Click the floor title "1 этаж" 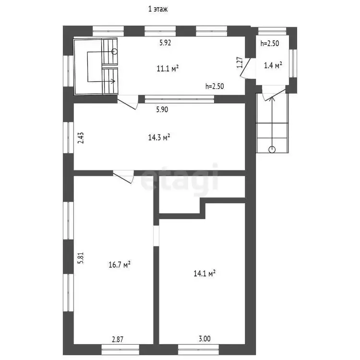pos(158,9)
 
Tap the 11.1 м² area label pos(168,69)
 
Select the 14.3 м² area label pos(159,137)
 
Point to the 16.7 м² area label pos(120,264)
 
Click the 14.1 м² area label pos(204,273)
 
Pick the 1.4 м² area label pos(273,65)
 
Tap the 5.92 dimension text pos(165,43)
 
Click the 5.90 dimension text pos(162,109)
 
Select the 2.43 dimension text pos(81,138)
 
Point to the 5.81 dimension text pos(81,258)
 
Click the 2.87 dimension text pos(118,339)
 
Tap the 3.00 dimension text pos(204,339)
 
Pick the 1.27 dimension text pos(240,62)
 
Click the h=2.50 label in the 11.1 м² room pos(215,86)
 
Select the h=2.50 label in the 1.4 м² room pos(270,43)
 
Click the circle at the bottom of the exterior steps pos(272,150)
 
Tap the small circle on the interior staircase pos(114,51)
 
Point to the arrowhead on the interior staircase pos(113,81)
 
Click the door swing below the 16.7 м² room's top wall pos(123,177)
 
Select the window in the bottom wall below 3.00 pos(199,349)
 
